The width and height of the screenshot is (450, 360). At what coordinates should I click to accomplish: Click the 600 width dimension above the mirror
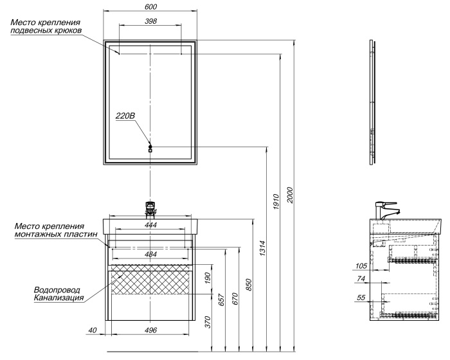point(150,7)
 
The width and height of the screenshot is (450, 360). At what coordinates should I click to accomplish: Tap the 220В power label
point(125,116)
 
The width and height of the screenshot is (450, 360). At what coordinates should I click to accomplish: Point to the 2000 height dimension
point(290,195)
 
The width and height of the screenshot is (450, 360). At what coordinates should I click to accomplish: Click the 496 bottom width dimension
point(150,331)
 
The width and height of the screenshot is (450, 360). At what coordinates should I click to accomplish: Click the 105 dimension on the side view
point(361,265)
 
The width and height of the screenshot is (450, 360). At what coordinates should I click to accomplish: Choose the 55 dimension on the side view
point(361,298)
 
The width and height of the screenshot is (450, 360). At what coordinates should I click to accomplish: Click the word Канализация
point(59,298)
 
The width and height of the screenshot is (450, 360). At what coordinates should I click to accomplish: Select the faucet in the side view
point(386,210)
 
